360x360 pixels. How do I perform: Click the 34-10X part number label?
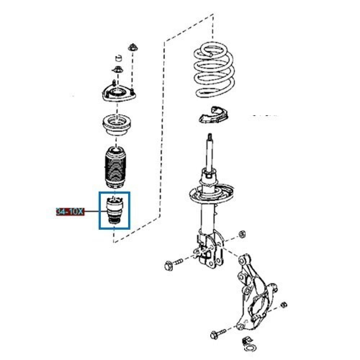(70, 211)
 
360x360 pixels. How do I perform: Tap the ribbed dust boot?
(115, 167)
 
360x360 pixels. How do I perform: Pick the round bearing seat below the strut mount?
(117, 124)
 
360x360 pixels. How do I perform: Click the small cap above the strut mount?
(118, 58)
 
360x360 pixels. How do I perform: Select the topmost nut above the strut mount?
(132, 48)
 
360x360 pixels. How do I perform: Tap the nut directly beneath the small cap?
(118, 69)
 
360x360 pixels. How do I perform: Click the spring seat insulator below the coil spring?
(213, 115)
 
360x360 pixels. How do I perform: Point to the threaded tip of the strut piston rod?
(210, 137)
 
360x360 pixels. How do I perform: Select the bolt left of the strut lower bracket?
(174, 265)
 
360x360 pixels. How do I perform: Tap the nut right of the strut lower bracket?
(242, 235)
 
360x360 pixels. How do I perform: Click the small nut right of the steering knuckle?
(284, 305)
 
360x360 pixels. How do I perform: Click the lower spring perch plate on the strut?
(211, 193)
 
